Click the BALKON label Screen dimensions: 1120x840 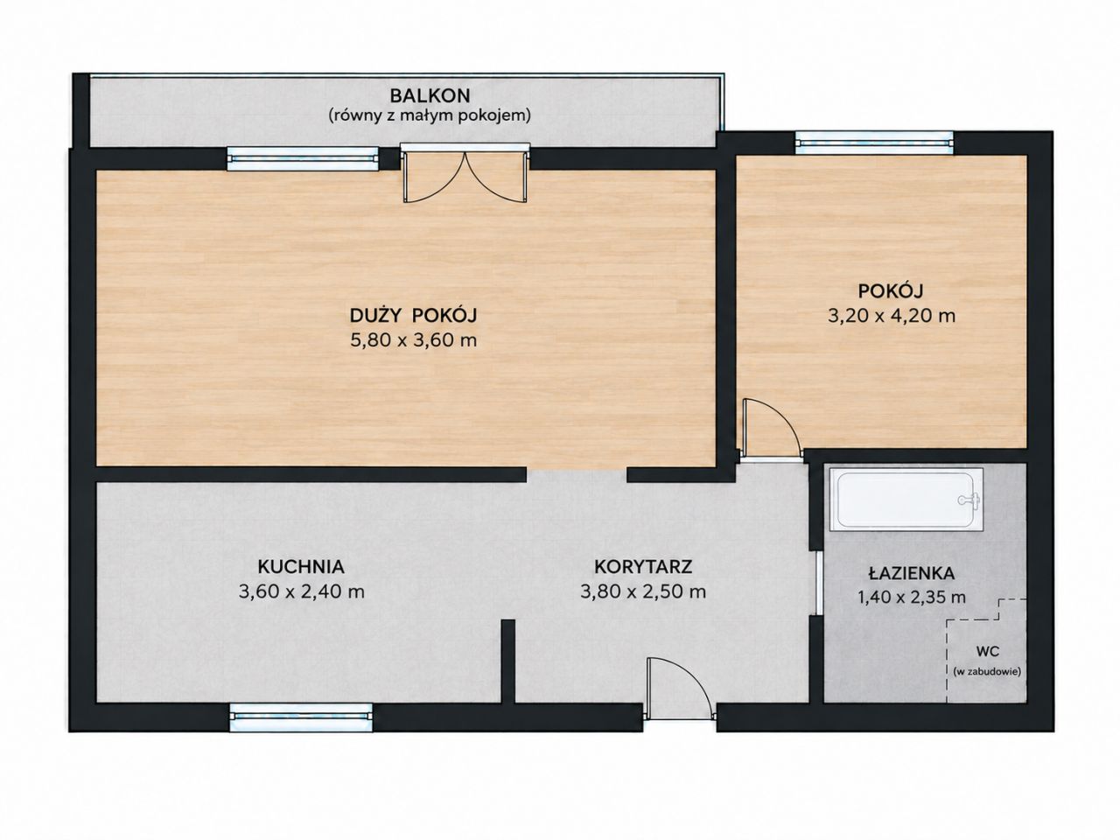click(430, 96)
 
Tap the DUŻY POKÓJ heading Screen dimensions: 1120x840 click(413, 316)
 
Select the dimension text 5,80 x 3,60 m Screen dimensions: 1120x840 click(413, 340)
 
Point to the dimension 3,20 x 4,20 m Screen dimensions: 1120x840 click(891, 316)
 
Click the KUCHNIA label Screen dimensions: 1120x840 click(301, 567)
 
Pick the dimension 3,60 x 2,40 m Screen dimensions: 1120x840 click(301, 591)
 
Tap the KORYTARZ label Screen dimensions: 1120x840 click(643, 567)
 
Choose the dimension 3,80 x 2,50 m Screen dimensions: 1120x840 click(643, 591)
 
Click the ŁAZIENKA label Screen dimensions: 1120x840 click(911, 573)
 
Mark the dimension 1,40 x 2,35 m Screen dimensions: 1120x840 click(912, 597)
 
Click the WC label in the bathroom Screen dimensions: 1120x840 click(987, 651)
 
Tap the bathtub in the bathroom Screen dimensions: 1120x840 click(906, 499)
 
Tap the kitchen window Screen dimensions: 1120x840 click(301, 717)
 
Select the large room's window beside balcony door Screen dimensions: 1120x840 click(303, 158)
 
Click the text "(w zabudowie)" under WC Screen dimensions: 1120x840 click(987, 672)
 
